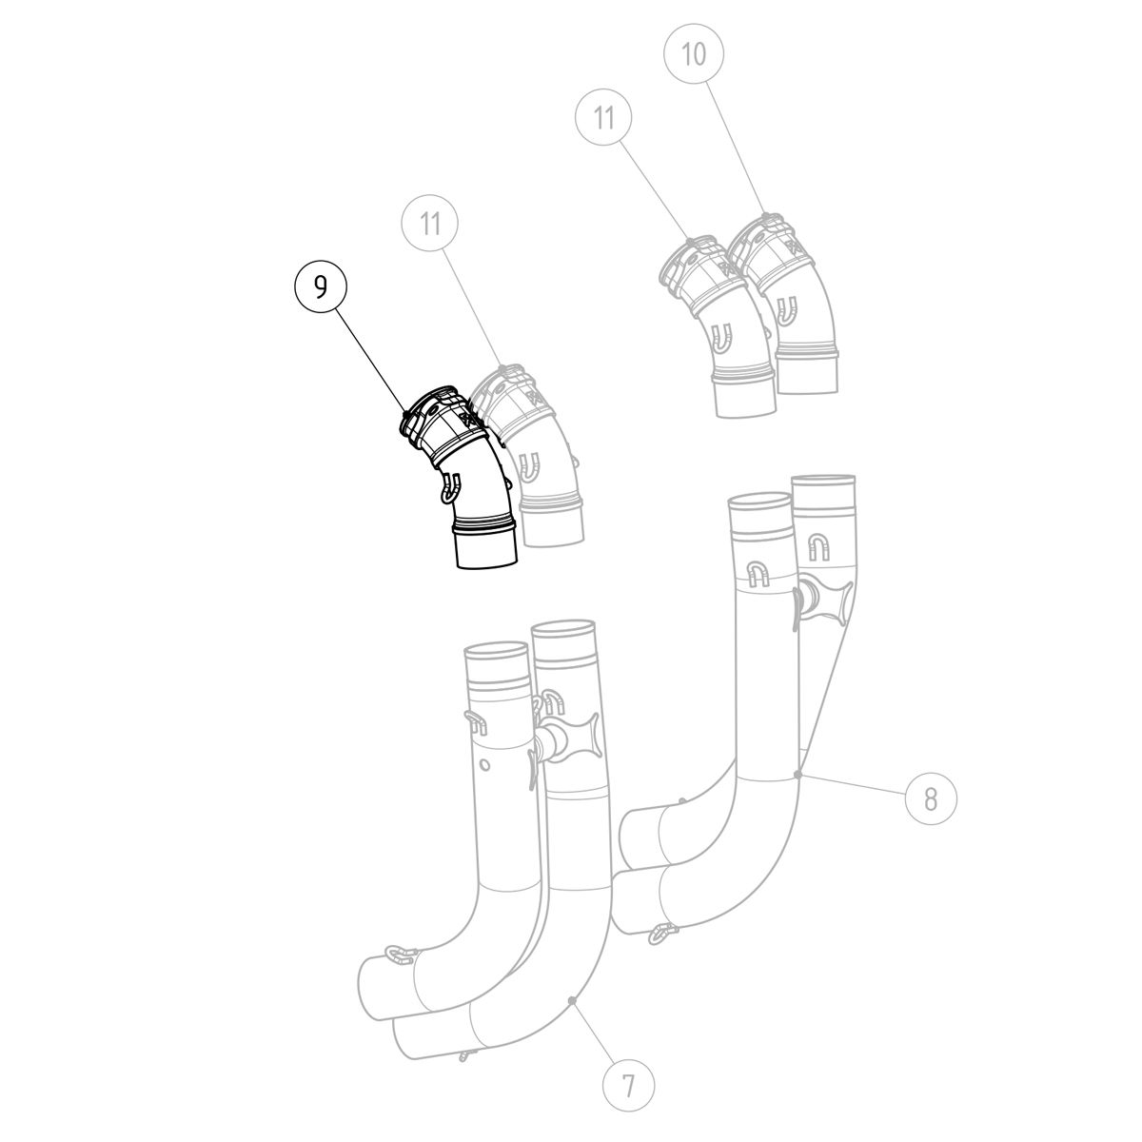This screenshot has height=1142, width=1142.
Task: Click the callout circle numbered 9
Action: (321, 287)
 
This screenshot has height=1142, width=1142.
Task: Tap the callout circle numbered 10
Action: (694, 54)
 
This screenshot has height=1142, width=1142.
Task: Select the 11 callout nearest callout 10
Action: (603, 118)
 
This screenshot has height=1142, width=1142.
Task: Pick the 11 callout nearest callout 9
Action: (431, 224)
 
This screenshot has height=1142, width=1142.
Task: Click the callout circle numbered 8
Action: (931, 798)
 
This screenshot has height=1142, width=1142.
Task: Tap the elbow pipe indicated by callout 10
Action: (788, 303)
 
